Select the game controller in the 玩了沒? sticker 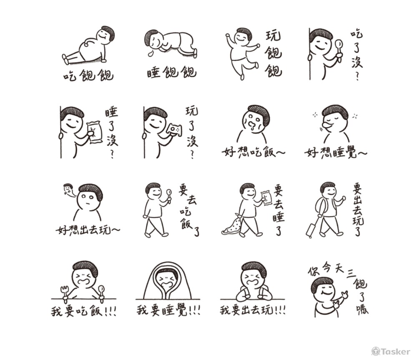(x=175, y=130)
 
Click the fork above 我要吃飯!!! (x=64, y=294)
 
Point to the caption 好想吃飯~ (x=254, y=152)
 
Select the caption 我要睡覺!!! (x=168, y=310)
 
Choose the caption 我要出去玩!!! (x=253, y=310)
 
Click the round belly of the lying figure (x=90, y=49)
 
